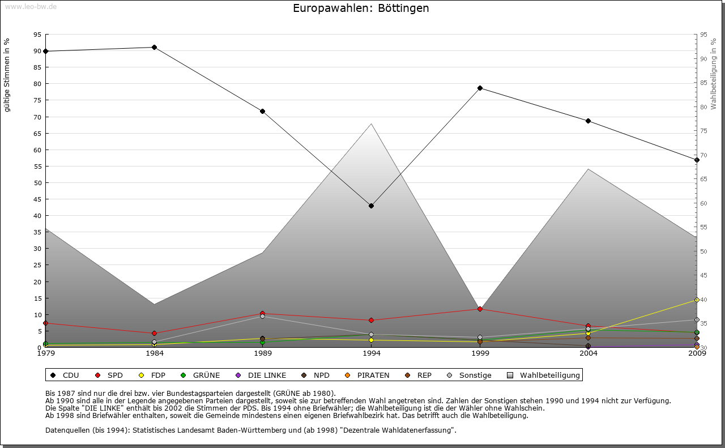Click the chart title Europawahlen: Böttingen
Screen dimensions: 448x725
[361, 8]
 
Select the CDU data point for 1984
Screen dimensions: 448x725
[154, 47]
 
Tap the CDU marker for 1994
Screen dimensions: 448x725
[371, 206]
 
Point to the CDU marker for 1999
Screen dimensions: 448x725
[480, 88]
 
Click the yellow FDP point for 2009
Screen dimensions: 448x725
[697, 300]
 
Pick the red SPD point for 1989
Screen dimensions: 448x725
[262, 314]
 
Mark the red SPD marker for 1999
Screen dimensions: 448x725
[480, 309]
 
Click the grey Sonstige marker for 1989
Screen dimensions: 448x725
[262, 317]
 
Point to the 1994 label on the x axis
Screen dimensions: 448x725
[371, 354]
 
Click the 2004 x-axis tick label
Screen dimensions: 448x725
[588, 354]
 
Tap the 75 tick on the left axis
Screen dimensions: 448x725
[37, 100]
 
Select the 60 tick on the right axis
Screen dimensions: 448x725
[703, 203]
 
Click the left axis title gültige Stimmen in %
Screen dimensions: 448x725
[7, 75]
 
